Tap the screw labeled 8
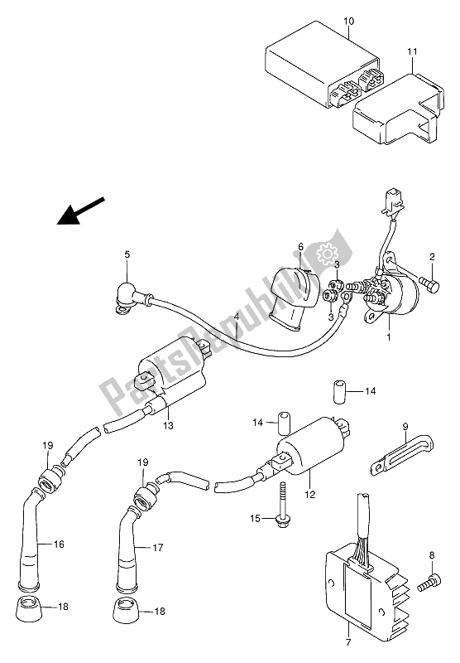tap(429, 583)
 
